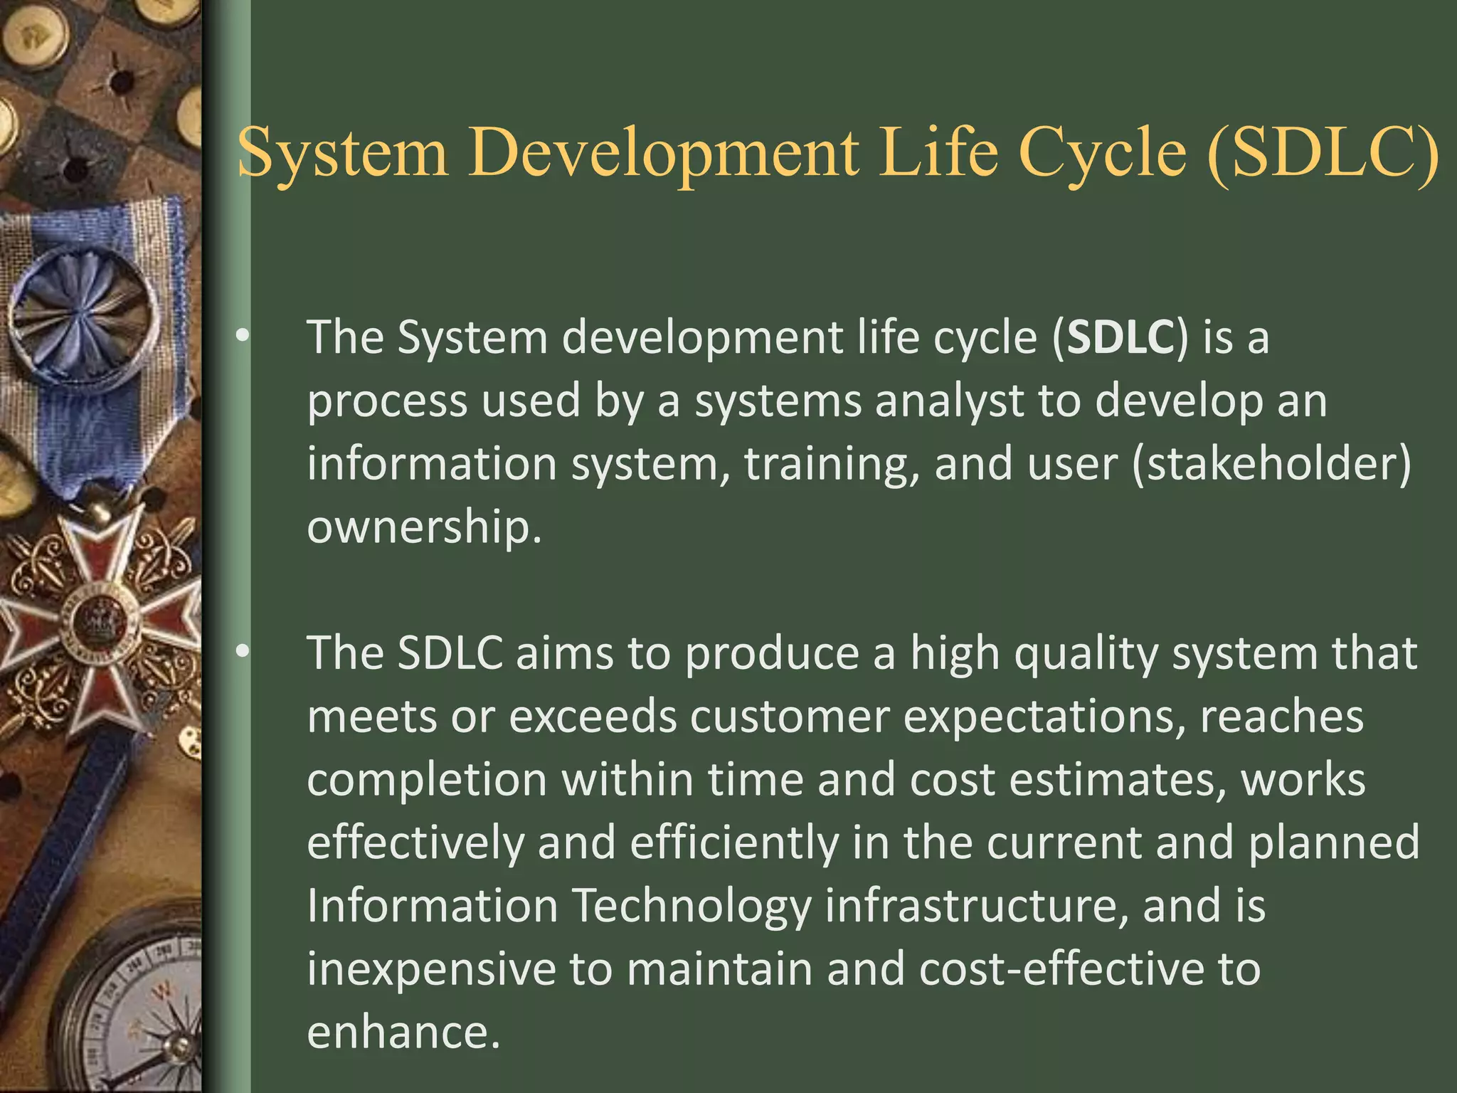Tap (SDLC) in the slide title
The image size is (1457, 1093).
tap(1323, 153)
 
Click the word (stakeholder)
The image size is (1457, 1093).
tap(1271, 463)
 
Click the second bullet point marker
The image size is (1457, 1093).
tap(243, 650)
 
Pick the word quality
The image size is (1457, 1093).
tap(1087, 654)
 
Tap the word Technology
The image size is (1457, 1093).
tap(692, 907)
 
